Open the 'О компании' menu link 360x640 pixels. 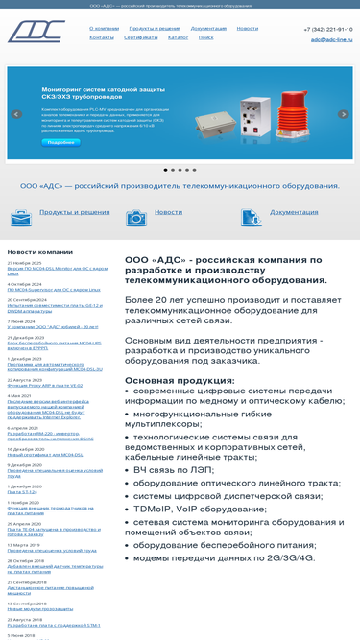pyautogui.click(x=104, y=29)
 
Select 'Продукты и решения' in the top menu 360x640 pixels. pyautogui.click(x=155, y=29)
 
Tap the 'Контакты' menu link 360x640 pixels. pyautogui.click(x=102, y=37)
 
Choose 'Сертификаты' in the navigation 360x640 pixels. pyautogui.click(x=140, y=37)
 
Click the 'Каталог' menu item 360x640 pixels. pyautogui.click(x=178, y=37)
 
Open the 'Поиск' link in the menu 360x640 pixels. pyautogui.click(x=206, y=37)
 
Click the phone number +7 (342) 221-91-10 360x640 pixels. pyautogui.click(x=327, y=30)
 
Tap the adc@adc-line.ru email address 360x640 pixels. pyautogui.click(x=331, y=39)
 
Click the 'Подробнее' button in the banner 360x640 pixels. pyautogui.click(x=60, y=142)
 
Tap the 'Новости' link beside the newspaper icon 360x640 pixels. pyautogui.click(x=168, y=212)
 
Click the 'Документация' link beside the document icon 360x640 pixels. pyautogui.click(x=294, y=212)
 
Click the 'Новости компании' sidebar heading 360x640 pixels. pyautogui.click(x=40, y=251)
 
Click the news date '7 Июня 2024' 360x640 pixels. pyautogui.click(x=21, y=321)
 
